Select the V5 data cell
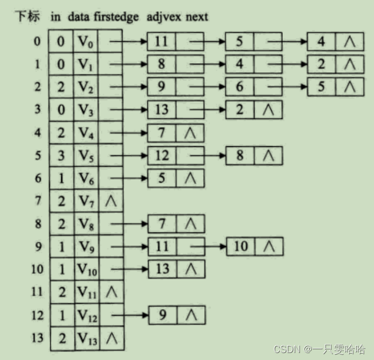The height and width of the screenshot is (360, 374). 86,155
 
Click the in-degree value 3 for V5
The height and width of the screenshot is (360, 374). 61,155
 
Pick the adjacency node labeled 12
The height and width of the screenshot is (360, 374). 161,155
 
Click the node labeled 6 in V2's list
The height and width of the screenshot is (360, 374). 240,86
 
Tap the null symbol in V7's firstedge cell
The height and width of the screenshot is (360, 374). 111,201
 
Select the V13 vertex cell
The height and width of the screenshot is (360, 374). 87,337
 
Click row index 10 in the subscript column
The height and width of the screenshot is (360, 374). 36,269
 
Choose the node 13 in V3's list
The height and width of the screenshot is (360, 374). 161,109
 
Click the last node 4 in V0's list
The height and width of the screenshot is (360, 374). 321,41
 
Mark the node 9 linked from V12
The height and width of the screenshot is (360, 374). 162,315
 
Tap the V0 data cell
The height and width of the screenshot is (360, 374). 86,41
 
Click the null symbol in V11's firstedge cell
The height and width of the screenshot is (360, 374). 111,292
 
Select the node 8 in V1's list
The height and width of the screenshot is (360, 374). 161,64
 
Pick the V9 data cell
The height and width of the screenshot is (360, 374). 86,246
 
